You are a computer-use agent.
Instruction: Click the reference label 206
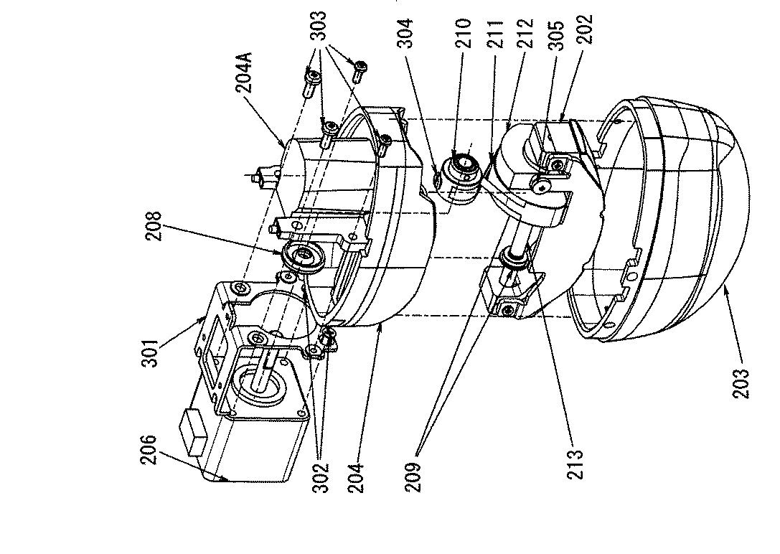tap(149, 450)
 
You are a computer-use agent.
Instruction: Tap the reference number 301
tap(150, 352)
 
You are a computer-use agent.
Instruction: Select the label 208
tap(155, 226)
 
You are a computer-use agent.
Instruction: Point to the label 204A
tap(244, 72)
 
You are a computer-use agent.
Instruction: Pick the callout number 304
tap(405, 33)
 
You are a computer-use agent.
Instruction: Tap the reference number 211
tap(495, 33)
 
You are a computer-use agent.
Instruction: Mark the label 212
tap(525, 33)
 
